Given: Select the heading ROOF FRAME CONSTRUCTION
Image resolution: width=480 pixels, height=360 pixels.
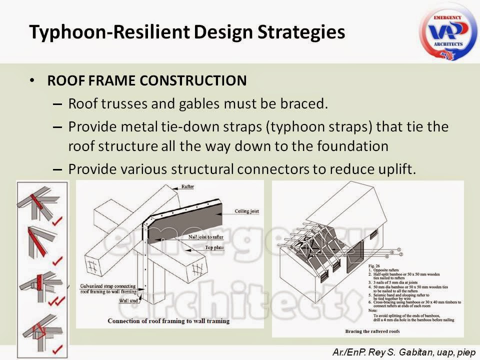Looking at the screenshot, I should point(146,80).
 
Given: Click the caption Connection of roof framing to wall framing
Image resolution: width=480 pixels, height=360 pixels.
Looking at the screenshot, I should point(168,320).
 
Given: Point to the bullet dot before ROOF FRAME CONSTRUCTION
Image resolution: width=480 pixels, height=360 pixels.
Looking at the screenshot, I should point(33,80).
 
